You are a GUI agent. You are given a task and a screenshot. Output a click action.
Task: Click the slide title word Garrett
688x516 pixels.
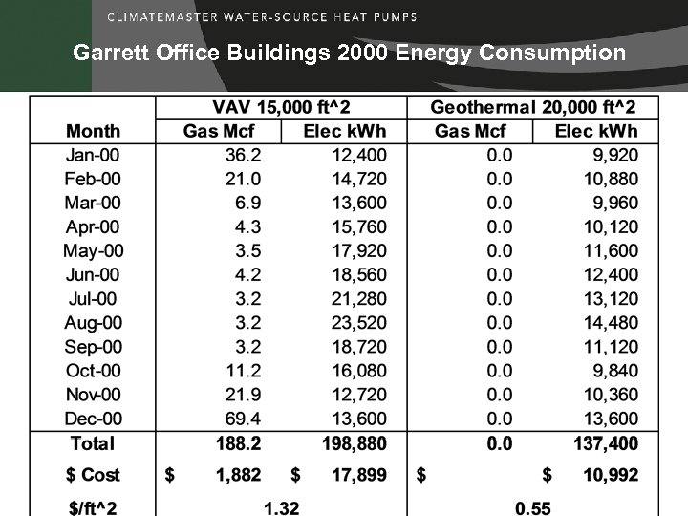[x=107, y=53]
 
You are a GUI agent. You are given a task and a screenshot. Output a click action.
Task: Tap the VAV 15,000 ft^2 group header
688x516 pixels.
[x=280, y=107]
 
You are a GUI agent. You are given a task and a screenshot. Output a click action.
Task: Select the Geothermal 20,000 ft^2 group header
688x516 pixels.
[x=532, y=107]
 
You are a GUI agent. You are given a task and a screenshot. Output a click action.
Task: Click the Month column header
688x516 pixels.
[x=93, y=131]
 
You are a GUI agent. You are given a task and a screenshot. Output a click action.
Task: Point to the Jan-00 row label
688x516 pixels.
[x=93, y=155]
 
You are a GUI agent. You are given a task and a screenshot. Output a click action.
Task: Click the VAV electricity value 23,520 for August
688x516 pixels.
[x=354, y=323]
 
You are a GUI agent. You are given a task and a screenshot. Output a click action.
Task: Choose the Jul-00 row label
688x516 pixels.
[x=93, y=299]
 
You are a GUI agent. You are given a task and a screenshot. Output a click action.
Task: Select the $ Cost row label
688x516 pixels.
[x=93, y=475]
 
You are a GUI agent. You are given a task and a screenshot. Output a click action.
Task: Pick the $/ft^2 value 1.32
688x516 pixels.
[x=280, y=506]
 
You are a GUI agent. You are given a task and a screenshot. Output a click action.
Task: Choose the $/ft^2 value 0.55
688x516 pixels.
[x=532, y=506]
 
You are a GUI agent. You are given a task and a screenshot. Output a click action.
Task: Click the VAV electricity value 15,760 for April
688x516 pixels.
[x=354, y=227]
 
